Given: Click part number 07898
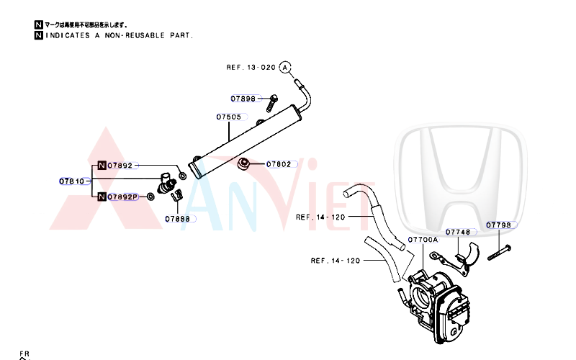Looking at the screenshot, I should tap(243, 99).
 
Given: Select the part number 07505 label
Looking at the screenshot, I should tap(228, 117).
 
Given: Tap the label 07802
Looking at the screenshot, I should tap(279, 164).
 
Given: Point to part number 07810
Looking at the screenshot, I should tap(71, 181).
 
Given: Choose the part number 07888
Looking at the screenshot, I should tap(177, 218).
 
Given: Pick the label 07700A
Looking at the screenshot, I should tap(422, 240).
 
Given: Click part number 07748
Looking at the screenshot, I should tap(458, 232).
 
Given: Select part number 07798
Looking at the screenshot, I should tap(498, 225).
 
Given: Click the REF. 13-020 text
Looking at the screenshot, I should tap(251, 67).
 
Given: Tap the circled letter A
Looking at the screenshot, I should tap(285, 67).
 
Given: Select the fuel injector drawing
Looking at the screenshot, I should tap(168, 185).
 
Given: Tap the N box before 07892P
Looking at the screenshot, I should tap(102, 197).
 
